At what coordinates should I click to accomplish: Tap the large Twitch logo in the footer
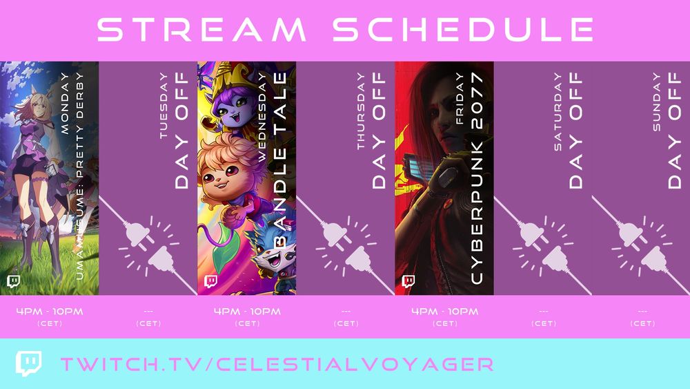click(x=28, y=363)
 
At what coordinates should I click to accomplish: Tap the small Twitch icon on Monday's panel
click(x=13, y=281)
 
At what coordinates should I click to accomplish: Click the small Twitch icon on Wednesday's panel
click(x=210, y=281)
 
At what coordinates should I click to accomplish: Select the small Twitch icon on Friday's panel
click(x=408, y=281)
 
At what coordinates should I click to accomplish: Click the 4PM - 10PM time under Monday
click(x=50, y=312)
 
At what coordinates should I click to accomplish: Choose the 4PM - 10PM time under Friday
click(x=444, y=312)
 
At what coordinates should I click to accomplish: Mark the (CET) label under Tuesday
click(x=148, y=323)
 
